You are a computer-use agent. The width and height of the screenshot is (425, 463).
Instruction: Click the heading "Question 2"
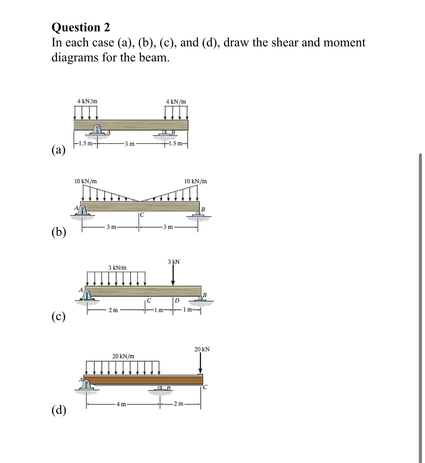[x=81, y=27]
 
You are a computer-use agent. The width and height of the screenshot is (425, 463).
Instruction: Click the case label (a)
[x=59, y=150]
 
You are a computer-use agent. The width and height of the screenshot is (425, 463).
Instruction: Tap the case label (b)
[x=59, y=232]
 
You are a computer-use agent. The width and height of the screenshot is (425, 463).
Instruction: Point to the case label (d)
[x=59, y=410]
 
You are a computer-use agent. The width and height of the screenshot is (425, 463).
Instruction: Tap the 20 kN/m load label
[x=123, y=356]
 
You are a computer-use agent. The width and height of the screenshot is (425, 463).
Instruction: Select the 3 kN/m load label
[x=117, y=267]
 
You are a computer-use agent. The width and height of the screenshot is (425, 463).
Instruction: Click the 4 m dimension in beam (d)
[x=121, y=404]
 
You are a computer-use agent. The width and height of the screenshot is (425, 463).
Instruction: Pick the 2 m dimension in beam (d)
[x=179, y=404]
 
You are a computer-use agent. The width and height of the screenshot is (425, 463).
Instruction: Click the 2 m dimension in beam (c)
[x=113, y=310]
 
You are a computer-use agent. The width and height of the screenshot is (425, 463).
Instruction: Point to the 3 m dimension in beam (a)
[x=130, y=144]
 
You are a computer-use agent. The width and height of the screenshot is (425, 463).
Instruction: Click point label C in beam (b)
[x=142, y=215]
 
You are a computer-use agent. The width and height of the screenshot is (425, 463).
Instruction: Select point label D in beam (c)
[x=177, y=301]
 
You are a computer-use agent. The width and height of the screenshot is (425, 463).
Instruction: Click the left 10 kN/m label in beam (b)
[x=85, y=181]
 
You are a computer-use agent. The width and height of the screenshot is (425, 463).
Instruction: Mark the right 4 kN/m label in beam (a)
[x=176, y=102]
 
